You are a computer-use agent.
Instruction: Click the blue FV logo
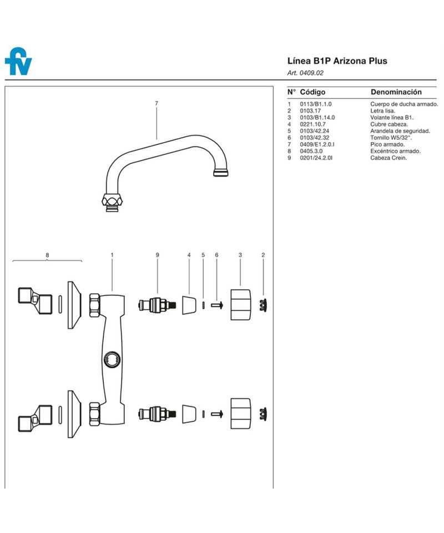18,62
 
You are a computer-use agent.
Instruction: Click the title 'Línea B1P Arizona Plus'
337,61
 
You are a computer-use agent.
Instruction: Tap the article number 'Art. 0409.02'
305,73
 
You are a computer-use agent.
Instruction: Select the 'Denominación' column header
396,92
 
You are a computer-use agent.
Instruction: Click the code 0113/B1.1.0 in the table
316,104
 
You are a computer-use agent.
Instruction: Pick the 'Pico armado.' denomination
387,144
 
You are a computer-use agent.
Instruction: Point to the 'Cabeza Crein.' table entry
389,158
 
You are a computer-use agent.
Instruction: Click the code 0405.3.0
311,151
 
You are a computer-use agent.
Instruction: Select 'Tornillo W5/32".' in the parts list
391,138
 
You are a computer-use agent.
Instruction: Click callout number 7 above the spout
157,103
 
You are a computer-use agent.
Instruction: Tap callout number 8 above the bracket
47,255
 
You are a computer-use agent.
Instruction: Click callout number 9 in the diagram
157,255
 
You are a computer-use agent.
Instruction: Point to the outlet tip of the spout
221,173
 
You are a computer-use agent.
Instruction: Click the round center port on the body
112,359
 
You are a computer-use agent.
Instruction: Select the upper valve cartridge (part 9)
158,305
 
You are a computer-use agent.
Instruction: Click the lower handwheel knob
240,414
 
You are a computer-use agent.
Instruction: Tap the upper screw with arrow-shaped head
217,305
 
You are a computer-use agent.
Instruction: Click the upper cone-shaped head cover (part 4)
189,305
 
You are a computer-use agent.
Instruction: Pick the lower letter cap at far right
263,414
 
